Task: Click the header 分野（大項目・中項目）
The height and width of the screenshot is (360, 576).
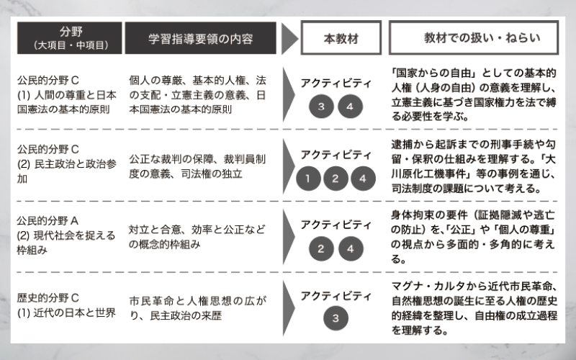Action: pos(69,38)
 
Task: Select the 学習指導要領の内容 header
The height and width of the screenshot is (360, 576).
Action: pos(201,38)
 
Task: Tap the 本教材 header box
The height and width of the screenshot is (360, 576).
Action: pos(341,38)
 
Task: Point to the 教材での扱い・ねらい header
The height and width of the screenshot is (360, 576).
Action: pos(474,38)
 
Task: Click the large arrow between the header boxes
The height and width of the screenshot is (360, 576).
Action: pos(289,38)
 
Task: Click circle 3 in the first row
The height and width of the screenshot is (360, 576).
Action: pos(321,107)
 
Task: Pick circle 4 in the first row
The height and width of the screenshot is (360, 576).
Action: pos(350,107)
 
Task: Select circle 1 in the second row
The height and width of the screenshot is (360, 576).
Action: pos(308,179)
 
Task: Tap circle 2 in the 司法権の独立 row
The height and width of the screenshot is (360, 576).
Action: pos(336,179)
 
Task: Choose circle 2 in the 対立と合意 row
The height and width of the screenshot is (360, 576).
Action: pos(321,248)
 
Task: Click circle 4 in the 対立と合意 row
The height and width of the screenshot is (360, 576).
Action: pos(351,248)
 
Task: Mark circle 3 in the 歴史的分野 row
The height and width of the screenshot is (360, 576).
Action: pos(336,318)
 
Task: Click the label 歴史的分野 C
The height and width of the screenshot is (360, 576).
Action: pos(48,297)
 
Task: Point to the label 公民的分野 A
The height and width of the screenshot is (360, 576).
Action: pos(48,221)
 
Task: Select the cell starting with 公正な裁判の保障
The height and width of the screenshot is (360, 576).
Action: pos(197,166)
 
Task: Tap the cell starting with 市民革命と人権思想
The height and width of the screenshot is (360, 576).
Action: pos(197,308)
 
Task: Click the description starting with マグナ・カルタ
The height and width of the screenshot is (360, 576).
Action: pos(474,308)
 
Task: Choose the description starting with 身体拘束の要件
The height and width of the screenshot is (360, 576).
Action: pos(473,237)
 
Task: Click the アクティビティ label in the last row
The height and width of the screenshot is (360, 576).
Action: pos(336,296)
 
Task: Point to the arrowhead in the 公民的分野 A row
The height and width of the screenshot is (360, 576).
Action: pos(289,237)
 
